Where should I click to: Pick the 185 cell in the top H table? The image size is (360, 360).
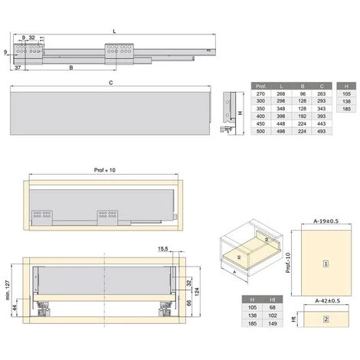(347, 110)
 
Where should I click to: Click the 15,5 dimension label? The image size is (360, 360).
(163, 248)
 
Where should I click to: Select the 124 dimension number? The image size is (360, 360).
(198, 287)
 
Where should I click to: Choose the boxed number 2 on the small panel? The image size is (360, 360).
(325, 319)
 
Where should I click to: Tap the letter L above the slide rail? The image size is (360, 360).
(114, 31)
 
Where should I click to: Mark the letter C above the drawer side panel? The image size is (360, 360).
(112, 83)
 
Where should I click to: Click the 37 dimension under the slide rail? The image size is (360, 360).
(18, 68)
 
